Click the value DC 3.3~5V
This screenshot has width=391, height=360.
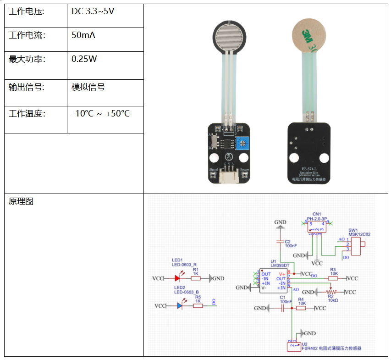pos(93,11)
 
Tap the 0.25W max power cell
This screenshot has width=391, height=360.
pos(84,59)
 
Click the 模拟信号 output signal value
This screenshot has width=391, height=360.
pos(88,87)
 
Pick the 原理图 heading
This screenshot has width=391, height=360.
pos(21,201)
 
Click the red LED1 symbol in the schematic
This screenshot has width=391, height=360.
pos(177,278)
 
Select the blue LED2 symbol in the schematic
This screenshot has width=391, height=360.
pos(180,305)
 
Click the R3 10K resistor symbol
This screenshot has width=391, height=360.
pos(333,278)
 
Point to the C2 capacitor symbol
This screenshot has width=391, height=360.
pos(280,241)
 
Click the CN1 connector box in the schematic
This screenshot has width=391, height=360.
pos(317,226)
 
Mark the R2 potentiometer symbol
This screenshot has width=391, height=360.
pos(331,292)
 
